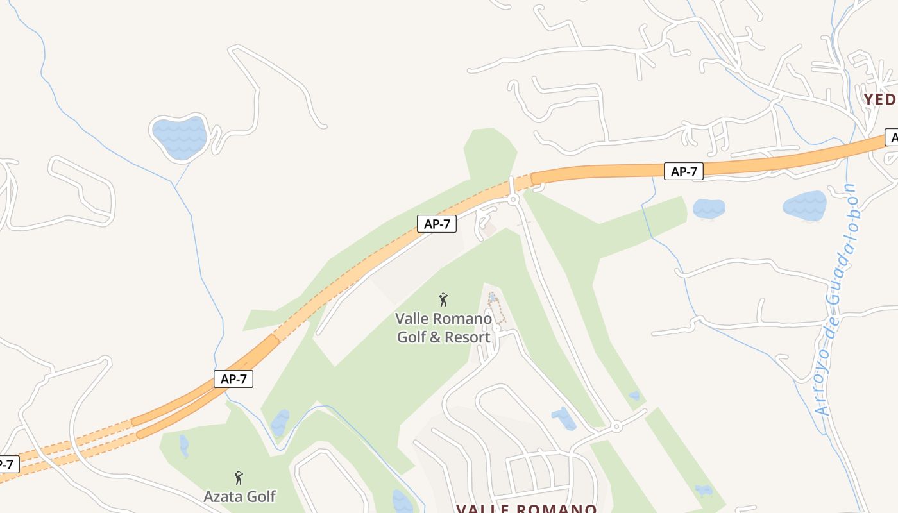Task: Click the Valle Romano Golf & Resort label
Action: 444,328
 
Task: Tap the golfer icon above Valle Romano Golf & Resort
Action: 443,299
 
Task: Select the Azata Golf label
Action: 239,496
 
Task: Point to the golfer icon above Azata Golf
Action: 239,478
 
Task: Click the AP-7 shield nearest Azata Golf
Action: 233,379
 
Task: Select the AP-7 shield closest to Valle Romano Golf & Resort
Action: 437,224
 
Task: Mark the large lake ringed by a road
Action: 180,137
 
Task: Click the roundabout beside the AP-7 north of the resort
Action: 513,200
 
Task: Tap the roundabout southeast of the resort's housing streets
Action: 616,426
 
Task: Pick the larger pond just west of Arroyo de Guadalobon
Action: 804,205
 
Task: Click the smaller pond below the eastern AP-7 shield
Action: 709,208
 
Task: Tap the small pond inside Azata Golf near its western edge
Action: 184,445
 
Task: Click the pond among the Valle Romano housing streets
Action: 564,418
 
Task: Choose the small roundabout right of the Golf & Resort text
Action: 496,328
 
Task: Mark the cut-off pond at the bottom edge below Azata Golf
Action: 403,502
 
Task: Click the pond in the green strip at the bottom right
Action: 704,491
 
